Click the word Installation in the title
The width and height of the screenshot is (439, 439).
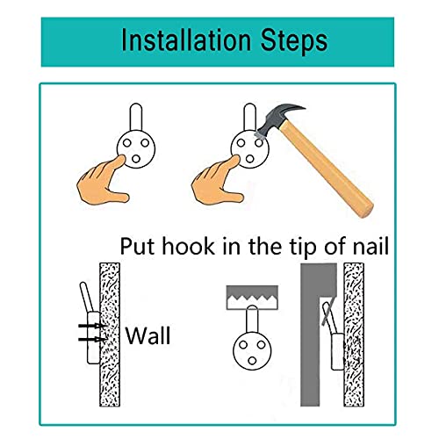186,40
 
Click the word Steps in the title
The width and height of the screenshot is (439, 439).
294,42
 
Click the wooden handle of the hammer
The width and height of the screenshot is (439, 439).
327,169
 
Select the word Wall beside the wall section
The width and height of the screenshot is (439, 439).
148,335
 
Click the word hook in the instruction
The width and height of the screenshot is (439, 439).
189,246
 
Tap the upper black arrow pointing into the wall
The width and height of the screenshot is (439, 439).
92,325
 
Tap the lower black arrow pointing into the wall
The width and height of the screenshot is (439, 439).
92,339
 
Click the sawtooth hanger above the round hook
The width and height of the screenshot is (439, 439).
252,297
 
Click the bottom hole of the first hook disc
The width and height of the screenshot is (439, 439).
136,159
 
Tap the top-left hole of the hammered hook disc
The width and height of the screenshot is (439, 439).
241,143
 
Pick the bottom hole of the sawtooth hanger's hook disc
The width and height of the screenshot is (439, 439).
252,361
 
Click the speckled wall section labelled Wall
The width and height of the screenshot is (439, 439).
110,335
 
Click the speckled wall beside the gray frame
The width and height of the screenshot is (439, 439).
354,335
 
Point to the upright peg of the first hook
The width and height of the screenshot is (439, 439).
136,117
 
